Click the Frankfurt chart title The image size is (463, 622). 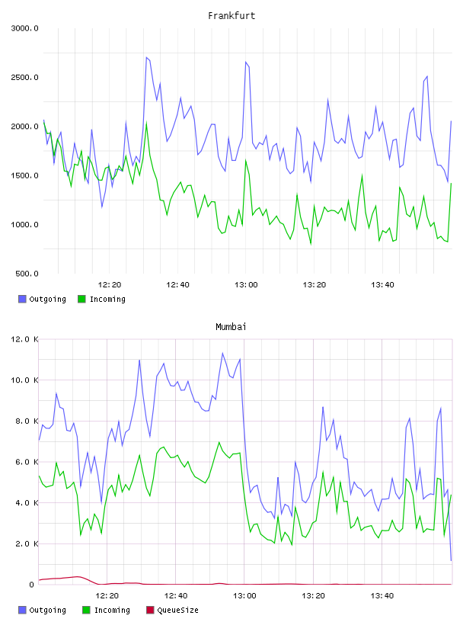tap(231, 16)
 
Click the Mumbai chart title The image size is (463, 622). tap(231, 327)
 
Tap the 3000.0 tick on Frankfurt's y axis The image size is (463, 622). tap(24, 28)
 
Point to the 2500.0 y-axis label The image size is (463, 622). tap(24, 77)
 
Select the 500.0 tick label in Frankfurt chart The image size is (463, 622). tap(27, 274)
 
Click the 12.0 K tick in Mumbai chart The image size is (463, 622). tap(24, 339)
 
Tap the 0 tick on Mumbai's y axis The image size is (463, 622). tap(32, 585)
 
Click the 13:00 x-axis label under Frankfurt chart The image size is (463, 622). tap(246, 285)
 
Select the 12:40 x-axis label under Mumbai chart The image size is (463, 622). tap(176, 596)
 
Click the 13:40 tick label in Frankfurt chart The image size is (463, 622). tap(382, 285)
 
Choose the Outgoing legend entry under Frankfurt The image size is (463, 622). tap(42, 299)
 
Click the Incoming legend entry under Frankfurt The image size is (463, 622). tap(101, 299)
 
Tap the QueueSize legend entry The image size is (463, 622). tap(172, 610)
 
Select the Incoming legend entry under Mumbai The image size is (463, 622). tap(106, 610)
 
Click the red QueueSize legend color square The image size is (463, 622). tap(150, 610)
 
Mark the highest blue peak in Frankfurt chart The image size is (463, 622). tap(146, 57)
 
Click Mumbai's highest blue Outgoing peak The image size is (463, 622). tap(222, 353)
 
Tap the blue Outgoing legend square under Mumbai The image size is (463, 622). tap(22, 610)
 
